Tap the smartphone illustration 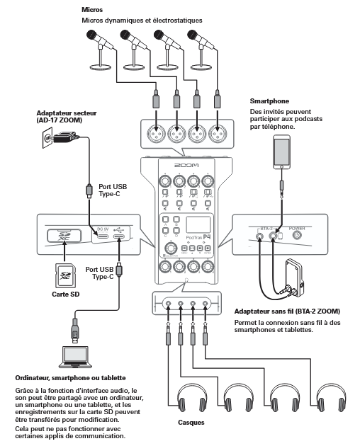pos(282,151)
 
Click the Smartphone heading pos(270,101)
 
